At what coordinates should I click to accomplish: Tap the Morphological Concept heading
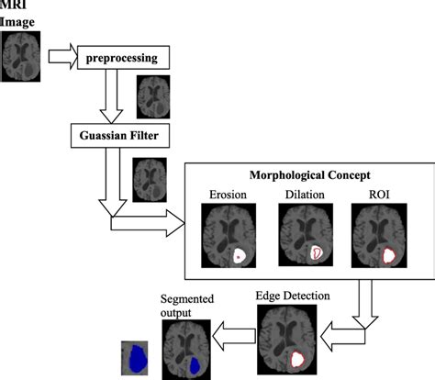point(309,175)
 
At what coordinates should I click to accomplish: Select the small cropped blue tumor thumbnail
point(136,358)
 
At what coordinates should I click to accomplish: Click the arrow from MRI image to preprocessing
point(61,57)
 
